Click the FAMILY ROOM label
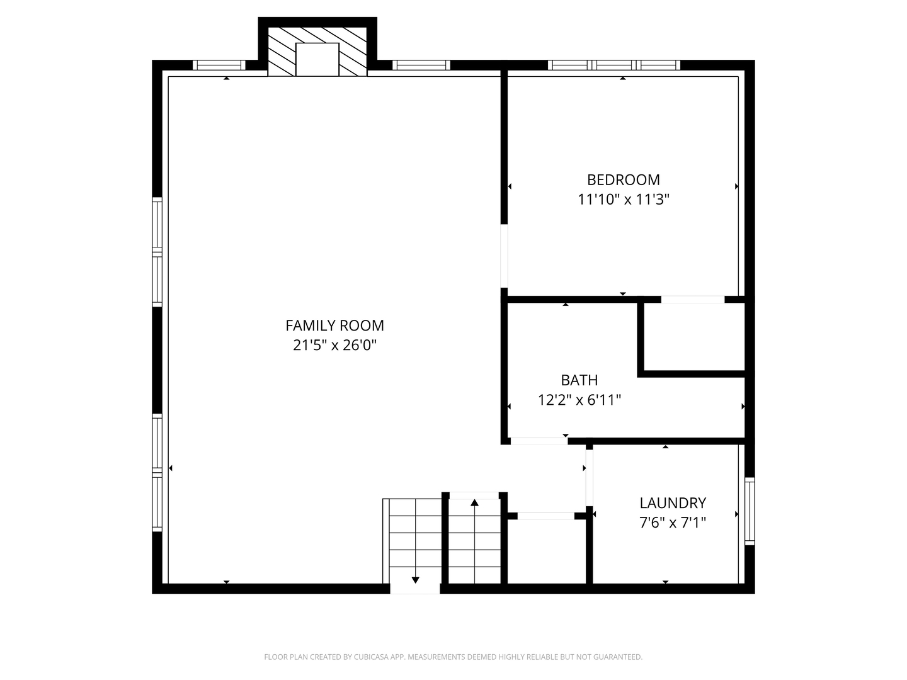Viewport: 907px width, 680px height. (334, 326)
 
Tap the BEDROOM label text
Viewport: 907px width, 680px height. (623, 180)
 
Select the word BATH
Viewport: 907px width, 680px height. (579, 380)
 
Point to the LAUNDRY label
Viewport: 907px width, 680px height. (673, 503)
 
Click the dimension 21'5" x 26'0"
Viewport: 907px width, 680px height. (334, 345)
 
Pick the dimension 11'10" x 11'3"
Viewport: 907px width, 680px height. (623, 200)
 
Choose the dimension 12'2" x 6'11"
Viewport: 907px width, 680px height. (579, 400)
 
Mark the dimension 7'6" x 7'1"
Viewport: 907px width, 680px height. (673, 523)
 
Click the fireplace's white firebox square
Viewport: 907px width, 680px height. (317, 59)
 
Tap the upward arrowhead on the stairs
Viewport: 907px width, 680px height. (474, 502)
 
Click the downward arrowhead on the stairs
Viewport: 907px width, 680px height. (415, 580)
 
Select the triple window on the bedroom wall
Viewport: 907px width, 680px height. (614, 65)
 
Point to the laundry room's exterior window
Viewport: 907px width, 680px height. (750, 511)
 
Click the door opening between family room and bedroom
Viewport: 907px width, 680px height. (504, 256)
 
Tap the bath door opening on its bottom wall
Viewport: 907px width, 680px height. (539, 441)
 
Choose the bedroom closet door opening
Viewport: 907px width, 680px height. (693, 300)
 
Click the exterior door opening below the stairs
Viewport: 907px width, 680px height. (415, 589)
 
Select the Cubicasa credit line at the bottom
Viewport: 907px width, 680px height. (453, 657)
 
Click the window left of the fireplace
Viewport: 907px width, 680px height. (219, 65)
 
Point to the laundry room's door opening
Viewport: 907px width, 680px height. (590, 478)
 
